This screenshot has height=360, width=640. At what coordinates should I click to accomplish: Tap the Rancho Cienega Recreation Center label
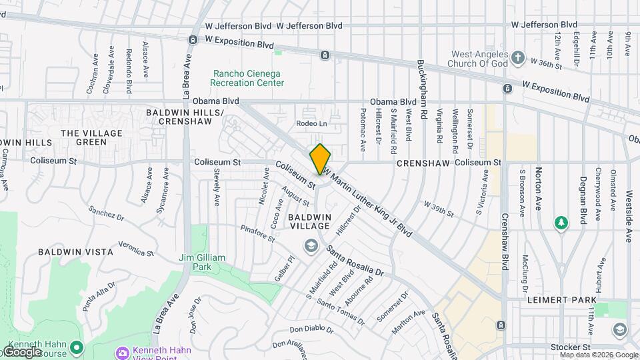pyautogui.click(x=247, y=78)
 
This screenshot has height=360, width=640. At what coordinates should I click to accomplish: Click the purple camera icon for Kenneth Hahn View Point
pyautogui.click(x=122, y=352)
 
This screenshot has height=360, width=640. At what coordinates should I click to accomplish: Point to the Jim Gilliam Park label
pyautogui.click(x=203, y=262)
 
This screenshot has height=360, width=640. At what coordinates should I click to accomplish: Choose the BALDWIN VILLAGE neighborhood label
pyautogui.click(x=309, y=222)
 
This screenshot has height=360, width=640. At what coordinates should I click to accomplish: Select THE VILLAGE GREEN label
pyautogui.click(x=92, y=137)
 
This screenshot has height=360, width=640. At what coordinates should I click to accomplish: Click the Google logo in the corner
pyautogui.click(x=22, y=352)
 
